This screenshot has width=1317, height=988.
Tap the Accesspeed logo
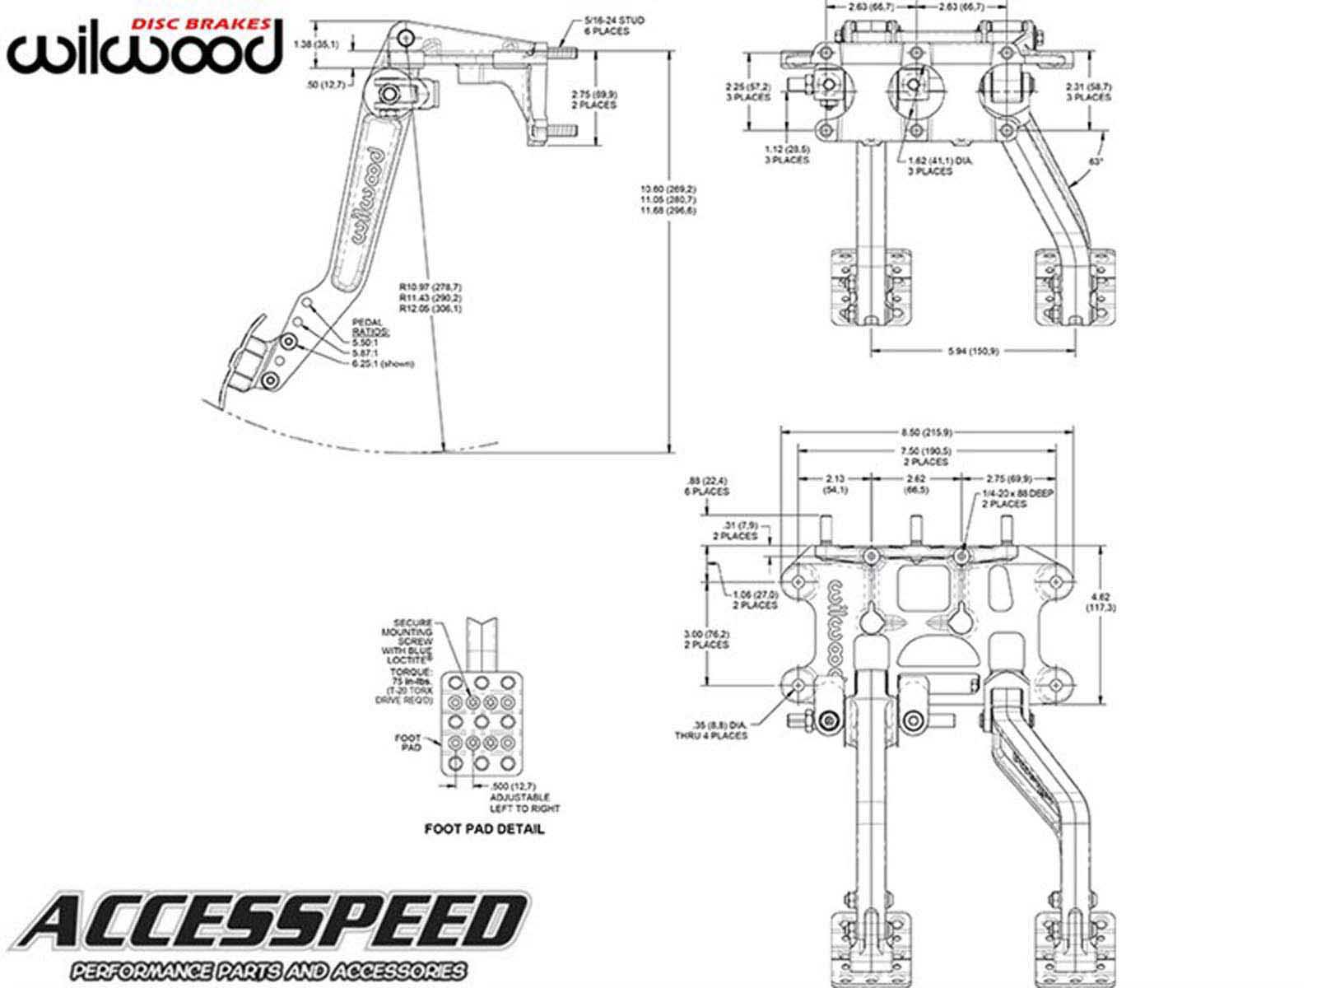(272, 934)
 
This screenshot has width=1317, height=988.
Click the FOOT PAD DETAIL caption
(484, 829)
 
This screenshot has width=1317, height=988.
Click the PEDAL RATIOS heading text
(370, 326)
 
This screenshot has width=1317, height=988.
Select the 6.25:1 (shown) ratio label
(383, 363)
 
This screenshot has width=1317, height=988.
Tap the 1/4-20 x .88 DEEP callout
(1018, 498)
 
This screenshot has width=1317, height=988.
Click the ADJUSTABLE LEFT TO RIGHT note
(524, 803)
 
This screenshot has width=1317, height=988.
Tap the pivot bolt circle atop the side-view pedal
(405, 39)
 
